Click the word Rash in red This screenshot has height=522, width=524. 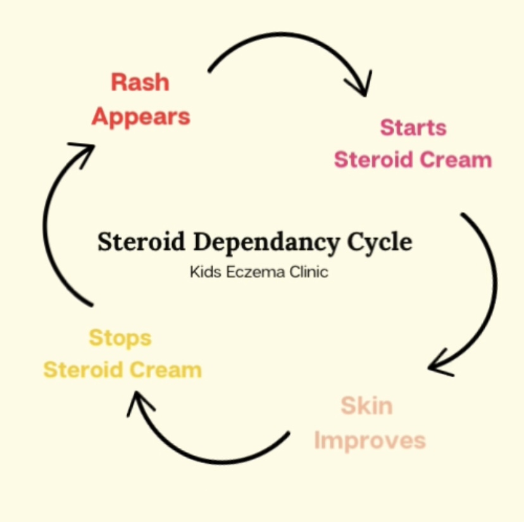tap(140, 82)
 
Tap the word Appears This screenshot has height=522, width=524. tap(140, 116)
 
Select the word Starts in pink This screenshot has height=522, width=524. tap(413, 127)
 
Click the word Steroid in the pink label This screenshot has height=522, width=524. tap(371, 159)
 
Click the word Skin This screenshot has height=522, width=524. tap(366, 405)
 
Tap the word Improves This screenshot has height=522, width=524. tap(370, 440)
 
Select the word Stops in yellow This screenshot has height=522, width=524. tap(120, 337)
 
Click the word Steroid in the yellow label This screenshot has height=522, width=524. tap(80, 370)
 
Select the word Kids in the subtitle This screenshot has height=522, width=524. tap(204, 273)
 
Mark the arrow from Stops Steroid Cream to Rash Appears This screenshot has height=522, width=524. tap(51, 221)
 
